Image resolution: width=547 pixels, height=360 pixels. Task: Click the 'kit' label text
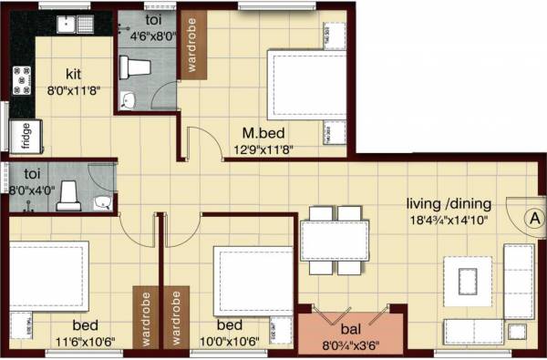coord(76,75)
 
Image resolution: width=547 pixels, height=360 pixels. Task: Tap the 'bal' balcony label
coord(349,330)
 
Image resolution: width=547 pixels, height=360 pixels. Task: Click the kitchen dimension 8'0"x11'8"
coord(74,91)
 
